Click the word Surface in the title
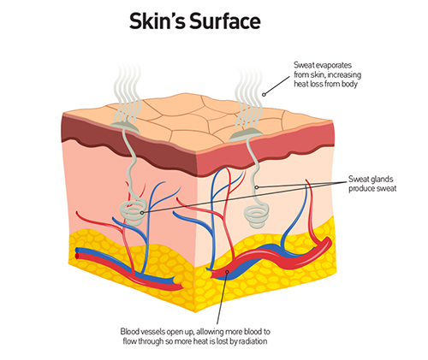225,21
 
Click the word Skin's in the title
158,21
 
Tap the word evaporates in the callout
331,65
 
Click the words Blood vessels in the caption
143,332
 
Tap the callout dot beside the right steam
264,94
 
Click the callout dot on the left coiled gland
142,213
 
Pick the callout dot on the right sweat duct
257,187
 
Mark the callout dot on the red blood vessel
227,272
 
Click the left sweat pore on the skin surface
125,127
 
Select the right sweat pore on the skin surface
246,135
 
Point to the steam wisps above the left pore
128,91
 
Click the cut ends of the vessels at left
77,253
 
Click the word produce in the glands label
360,189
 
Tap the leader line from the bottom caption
222,298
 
